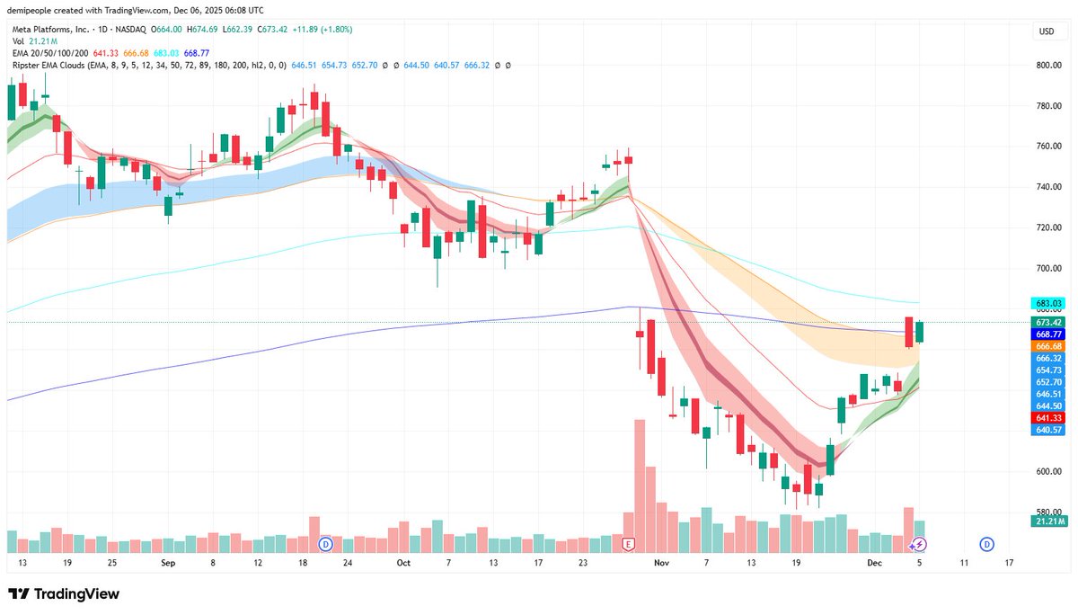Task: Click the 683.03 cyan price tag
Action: (1048, 304)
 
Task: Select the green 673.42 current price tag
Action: (1048, 322)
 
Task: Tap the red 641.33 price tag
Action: (1048, 418)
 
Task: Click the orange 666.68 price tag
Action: (1048, 346)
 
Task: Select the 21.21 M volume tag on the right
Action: (1048, 521)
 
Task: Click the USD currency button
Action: (1047, 31)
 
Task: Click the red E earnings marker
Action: (628, 544)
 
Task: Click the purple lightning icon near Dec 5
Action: (919, 544)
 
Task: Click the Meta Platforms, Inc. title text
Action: (50, 30)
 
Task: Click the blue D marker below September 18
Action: (325, 544)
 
